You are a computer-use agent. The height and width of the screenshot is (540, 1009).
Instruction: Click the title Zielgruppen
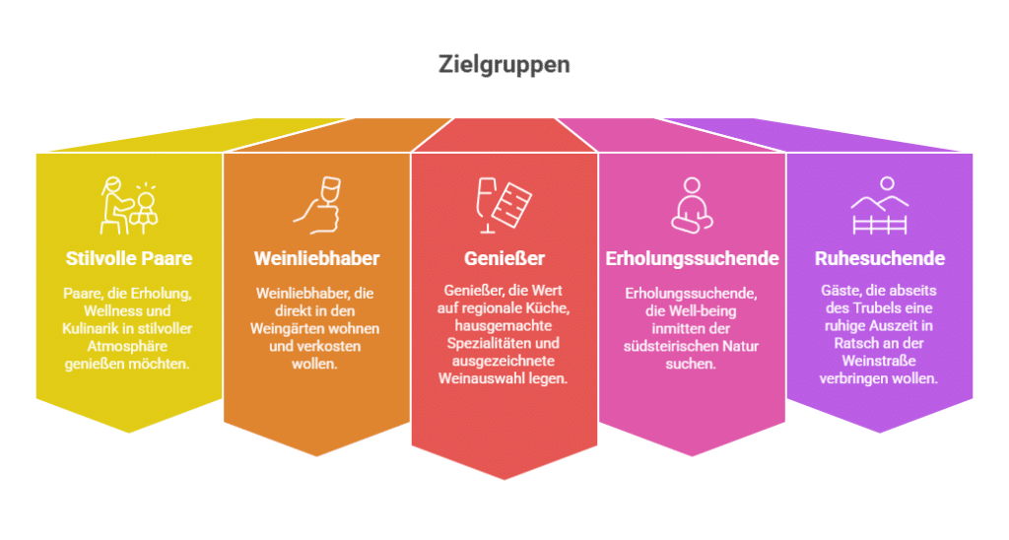tap(504, 65)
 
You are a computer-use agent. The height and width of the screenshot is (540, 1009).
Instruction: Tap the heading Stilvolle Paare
tap(128, 259)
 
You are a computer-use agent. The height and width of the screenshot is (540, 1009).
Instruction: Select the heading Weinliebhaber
tap(316, 259)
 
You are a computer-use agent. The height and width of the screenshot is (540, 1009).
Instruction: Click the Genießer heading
tap(504, 259)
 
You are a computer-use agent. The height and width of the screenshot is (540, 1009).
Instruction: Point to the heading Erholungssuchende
tap(692, 259)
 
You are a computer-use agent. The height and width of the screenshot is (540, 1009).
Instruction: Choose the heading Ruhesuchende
tap(880, 259)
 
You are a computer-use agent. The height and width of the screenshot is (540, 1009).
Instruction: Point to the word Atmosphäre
tap(129, 346)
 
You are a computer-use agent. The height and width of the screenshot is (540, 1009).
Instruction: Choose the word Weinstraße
tap(880, 361)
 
